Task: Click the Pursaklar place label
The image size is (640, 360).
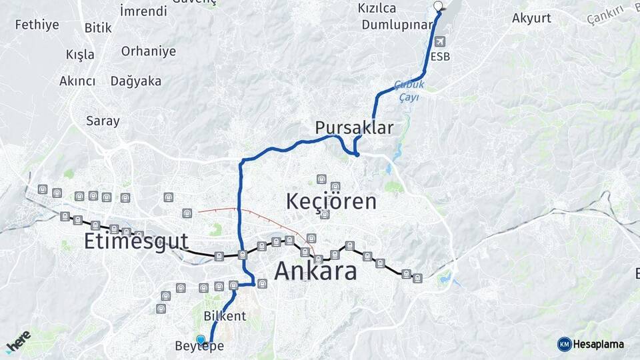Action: (x=354, y=127)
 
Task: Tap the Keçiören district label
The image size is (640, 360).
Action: (x=331, y=201)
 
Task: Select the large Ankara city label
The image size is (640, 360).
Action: (x=315, y=271)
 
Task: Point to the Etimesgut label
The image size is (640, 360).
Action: (x=136, y=241)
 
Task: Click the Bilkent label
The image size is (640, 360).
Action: (x=225, y=315)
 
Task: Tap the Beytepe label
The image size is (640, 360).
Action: (x=199, y=347)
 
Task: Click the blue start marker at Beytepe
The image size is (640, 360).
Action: (x=201, y=339)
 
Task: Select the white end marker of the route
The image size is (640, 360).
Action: (x=438, y=7)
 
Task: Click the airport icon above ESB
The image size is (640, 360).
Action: (x=440, y=41)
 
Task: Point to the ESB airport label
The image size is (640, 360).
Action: (x=440, y=57)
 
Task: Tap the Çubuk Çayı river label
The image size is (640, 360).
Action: (x=409, y=91)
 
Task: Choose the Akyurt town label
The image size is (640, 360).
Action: (x=531, y=18)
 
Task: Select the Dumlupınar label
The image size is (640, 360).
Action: (x=397, y=25)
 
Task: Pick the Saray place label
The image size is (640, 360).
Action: (x=103, y=121)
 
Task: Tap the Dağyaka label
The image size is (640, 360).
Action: (x=136, y=81)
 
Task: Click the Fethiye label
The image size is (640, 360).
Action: (x=37, y=25)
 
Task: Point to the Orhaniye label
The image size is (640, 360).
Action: (x=149, y=51)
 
